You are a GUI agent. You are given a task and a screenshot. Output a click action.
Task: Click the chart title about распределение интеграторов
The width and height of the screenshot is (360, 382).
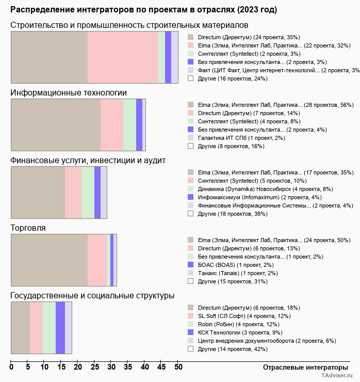click(143, 10)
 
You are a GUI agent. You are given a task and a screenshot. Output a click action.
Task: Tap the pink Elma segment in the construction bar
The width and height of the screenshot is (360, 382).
click(123, 57)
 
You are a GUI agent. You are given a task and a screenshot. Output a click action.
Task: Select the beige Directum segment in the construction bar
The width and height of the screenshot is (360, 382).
click(50, 57)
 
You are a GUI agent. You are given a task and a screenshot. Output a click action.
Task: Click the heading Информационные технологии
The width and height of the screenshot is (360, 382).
click(69, 93)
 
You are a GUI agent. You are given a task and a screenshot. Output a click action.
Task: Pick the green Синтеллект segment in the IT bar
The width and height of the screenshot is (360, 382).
click(129, 125)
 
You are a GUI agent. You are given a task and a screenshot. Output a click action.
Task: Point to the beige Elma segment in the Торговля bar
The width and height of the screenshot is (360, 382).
click(50, 260)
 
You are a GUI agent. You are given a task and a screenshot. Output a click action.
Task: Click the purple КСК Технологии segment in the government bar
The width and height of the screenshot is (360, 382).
click(60, 328)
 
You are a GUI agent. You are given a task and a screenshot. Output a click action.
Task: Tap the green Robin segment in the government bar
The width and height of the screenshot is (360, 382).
click(49, 328)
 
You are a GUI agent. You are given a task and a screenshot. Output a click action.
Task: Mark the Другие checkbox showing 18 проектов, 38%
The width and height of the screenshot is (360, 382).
click(191, 214)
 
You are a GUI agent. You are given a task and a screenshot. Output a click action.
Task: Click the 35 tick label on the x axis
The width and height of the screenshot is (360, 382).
click(128, 367)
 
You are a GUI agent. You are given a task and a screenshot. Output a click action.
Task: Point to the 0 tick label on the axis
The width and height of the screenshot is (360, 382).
click(11, 367)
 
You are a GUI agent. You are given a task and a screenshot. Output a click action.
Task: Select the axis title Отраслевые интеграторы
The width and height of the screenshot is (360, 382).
click(305, 368)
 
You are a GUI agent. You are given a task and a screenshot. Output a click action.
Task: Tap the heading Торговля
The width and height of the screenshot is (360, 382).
click(28, 228)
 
